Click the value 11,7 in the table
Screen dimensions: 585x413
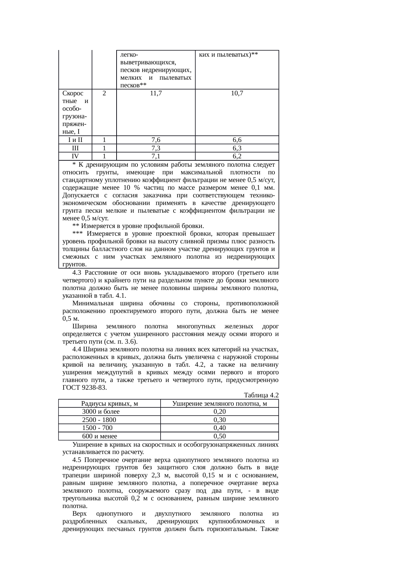tap(156, 94)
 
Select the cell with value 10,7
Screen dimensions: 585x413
tap(237, 94)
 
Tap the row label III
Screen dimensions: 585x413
tap(75, 148)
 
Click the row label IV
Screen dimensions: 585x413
tap(75, 156)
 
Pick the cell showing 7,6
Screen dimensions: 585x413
tap(156, 140)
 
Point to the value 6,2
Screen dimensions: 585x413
tap(237, 156)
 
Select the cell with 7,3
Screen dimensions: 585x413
tap(156, 148)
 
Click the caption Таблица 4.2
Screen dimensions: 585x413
tap(261, 395)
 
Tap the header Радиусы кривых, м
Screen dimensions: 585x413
tap(110, 404)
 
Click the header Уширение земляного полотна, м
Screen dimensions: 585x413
tap(219, 404)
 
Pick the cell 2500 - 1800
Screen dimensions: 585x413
tap(99, 420)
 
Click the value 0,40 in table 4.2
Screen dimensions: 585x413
tap(219, 428)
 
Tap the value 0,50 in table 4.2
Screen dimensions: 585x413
tap(219, 436)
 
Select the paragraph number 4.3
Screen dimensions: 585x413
tap(77, 273)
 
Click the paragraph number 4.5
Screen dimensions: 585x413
tap(77, 460)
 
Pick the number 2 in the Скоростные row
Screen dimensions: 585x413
tap(104, 94)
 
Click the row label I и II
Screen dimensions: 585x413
tap(75, 140)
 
